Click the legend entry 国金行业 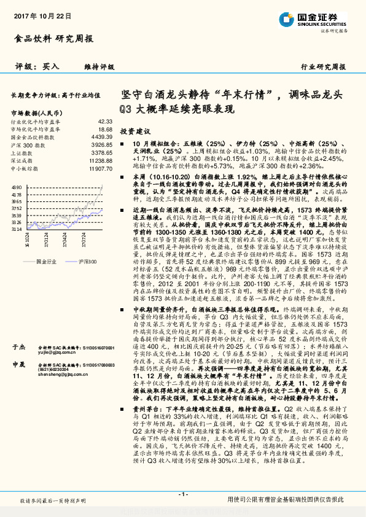[x=47, y=244]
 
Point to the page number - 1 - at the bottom [x=182, y=494]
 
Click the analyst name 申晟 [x=18, y=364]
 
